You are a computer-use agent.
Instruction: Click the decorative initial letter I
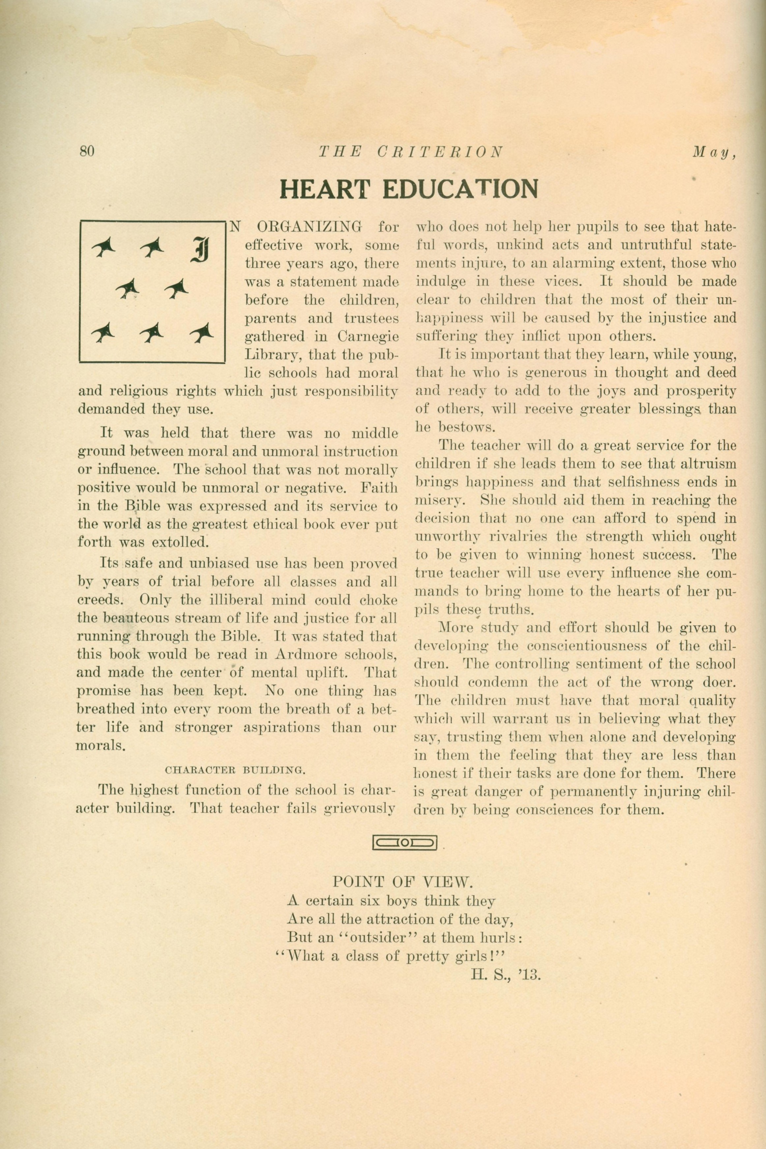click(x=200, y=250)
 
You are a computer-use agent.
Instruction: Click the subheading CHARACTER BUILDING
click(x=235, y=771)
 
